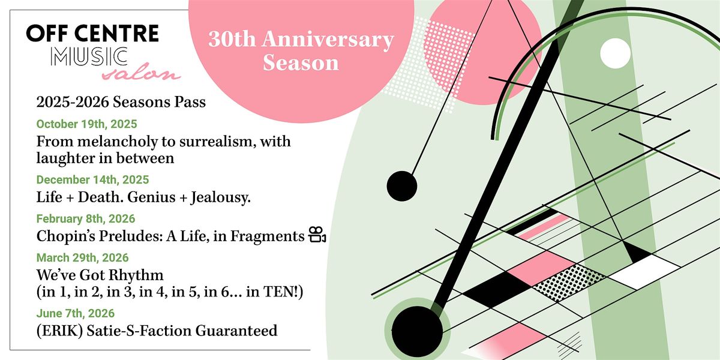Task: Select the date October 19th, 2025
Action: pyautogui.click(x=86, y=125)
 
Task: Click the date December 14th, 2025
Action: pyautogui.click(x=92, y=179)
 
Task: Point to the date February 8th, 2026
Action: pyautogui.click(x=86, y=218)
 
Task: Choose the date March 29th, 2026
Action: pyautogui.click(x=82, y=258)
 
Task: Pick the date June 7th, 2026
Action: pyautogui.click(x=76, y=313)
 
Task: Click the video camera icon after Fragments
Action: pyautogui.click(x=317, y=236)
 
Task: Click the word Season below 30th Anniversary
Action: pyautogui.click(x=301, y=62)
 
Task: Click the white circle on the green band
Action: pyautogui.click(x=615, y=53)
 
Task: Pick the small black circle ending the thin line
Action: pyautogui.click(x=402, y=186)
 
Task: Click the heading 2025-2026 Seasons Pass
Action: pyautogui.click(x=121, y=103)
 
